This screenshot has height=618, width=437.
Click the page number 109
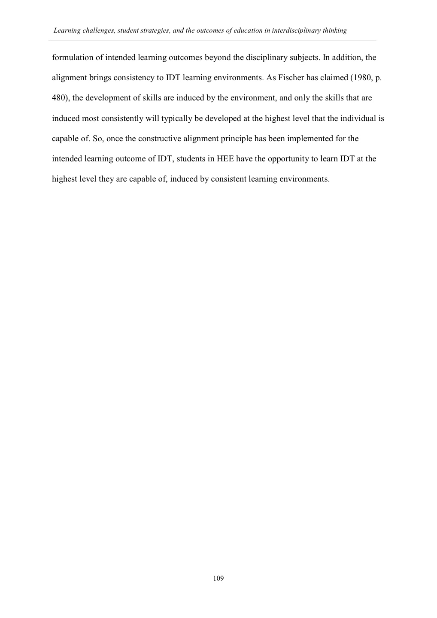(218, 579)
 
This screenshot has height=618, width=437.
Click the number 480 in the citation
(60, 98)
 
